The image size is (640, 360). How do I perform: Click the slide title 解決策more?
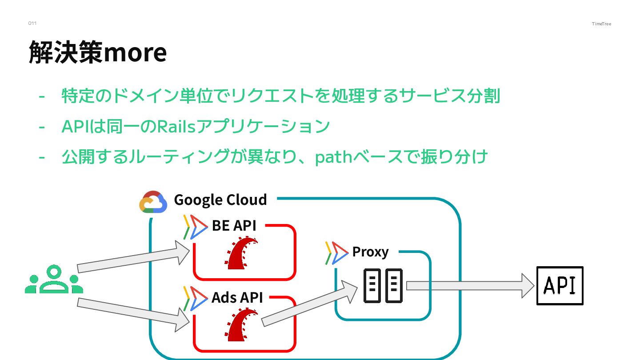(98, 52)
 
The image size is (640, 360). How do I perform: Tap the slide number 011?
(32, 23)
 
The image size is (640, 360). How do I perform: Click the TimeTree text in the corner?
(601, 24)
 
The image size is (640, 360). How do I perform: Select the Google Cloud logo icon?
(153, 202)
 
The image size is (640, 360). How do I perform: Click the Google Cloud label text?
(220, 200)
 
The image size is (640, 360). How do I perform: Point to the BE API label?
(234, 225)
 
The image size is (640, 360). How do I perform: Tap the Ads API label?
(237, 297)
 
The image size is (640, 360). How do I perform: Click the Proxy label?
(370, 252)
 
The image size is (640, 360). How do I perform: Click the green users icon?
(54, 280)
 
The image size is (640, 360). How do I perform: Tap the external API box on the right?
(560, 285)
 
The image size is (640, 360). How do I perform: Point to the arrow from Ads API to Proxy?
(309, 306)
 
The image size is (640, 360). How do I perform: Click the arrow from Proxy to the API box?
(470, 285)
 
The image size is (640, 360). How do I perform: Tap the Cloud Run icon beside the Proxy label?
(336, 253)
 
